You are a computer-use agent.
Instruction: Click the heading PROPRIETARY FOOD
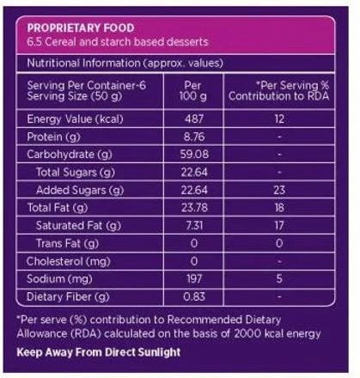pos(81,28)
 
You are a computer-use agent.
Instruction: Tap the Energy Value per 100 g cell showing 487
pos(194,119)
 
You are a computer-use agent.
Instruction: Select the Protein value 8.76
pos(194,137)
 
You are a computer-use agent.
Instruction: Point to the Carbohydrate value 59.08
pos(194,155)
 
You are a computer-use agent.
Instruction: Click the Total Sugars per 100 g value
pos(194,172)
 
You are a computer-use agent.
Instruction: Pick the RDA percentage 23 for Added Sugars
pos(279,190)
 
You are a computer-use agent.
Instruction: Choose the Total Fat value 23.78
pos(194,208)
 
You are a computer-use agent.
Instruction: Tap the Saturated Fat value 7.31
pos(194,225)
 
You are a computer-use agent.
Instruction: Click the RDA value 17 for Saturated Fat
pos(279,225)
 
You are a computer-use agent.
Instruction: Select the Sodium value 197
pos(194,278)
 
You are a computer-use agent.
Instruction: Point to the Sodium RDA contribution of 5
pos(279,278)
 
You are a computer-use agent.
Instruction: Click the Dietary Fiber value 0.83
pos(194,296)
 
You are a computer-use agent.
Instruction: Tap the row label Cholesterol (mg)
pos(68,261)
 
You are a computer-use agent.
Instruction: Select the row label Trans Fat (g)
pos(67,243)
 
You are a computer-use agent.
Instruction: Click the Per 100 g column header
pos(193,91)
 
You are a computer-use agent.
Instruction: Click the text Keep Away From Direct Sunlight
pos(99,352)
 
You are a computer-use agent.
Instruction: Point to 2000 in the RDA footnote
pos(247,333)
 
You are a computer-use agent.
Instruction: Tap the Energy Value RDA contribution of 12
pos(279,119)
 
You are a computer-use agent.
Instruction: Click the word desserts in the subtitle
pos(187,42)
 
